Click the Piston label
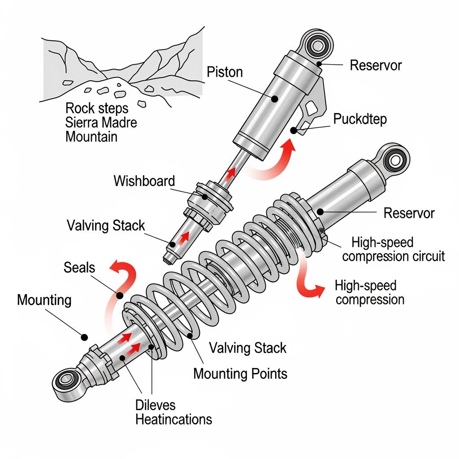225,72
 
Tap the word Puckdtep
360,119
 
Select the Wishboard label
144,181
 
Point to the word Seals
79,268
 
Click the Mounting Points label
240,373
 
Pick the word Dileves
155,405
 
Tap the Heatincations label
173,420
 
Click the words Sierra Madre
101,122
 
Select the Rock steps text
96,108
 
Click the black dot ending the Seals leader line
120,295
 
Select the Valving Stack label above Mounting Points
247,347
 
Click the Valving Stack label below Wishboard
106,225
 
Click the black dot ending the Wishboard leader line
204,196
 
